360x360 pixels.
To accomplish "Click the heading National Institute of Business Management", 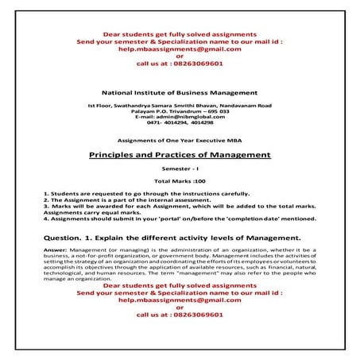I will pos(180,94).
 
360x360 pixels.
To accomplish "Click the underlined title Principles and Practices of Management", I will pos(180,154).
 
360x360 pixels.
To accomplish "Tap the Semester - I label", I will pos(180,169).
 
